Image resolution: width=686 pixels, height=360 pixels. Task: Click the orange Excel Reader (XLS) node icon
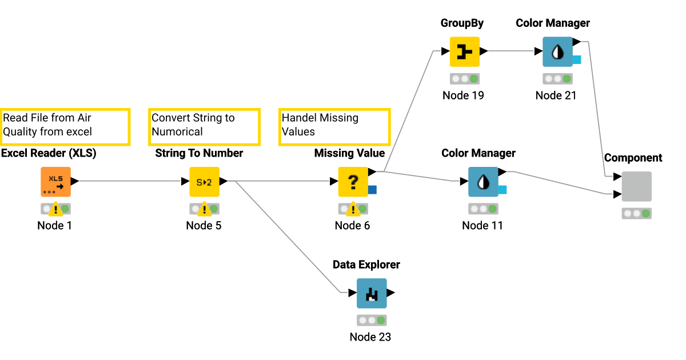coord(55,182)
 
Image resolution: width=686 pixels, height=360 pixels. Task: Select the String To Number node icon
coord(204,182)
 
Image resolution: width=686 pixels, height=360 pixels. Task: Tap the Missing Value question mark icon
coord(353,182)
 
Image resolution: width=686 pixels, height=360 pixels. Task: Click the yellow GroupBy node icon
coord(464,51)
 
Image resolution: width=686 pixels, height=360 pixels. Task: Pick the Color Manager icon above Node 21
coord(557,51)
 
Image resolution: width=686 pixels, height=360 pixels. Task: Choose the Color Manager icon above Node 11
coord(483,182)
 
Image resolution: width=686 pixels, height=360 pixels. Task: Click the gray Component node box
coord(636,186)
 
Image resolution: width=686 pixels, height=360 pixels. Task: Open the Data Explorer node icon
coord(372,293)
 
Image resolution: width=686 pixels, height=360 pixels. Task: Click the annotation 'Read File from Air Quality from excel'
coord(65,126)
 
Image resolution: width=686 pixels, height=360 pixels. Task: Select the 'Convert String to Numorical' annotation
coord(204,126)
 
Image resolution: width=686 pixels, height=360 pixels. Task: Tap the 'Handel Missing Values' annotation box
coord(334,126)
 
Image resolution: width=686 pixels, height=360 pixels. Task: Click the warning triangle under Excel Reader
coord(55,209)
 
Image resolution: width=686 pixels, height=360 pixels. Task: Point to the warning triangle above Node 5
coord(204,209)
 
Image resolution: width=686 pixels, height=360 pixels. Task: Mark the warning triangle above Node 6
coord(353,209)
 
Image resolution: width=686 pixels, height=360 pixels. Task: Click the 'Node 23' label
coord(370,337)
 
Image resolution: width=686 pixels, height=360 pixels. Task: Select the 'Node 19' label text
coord(463,95)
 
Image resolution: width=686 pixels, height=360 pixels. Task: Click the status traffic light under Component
coord(636,213)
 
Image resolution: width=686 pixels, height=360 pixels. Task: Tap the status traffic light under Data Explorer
coord(372,320)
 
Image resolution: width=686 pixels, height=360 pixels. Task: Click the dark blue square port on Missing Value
coord(372,190)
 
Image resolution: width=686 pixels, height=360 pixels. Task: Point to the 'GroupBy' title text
coord(462,23)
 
